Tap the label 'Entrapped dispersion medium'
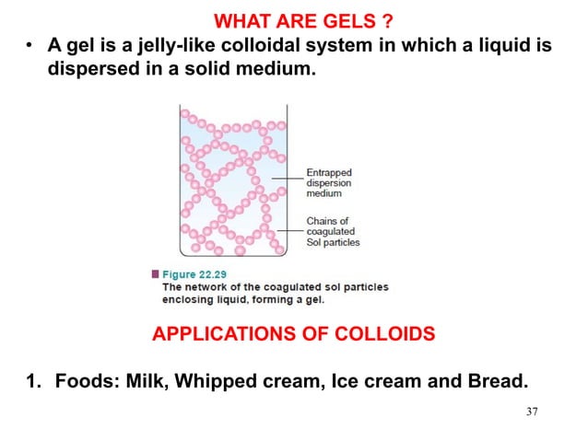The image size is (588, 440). point(330,182)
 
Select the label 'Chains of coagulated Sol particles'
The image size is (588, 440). point(333,232)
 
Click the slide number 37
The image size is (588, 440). point(527,411)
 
